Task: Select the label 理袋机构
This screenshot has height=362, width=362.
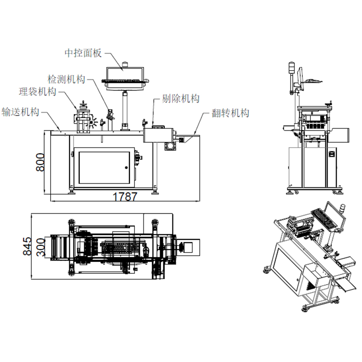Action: click(37, 92)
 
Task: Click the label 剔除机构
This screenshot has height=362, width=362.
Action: click(181, 99)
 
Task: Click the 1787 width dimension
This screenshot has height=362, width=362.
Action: click(125, 197)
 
